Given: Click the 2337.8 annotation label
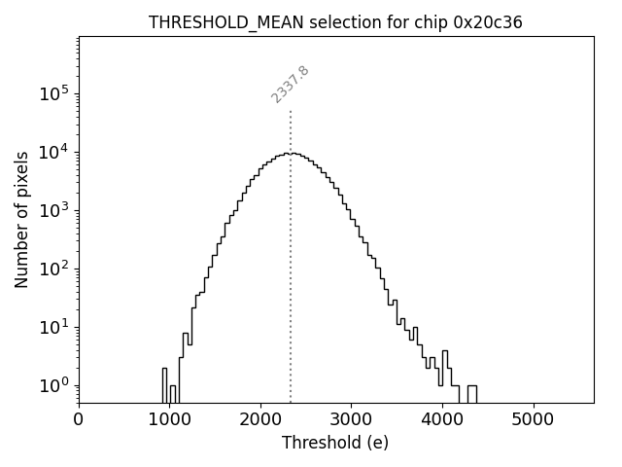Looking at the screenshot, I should [x=290, y=85].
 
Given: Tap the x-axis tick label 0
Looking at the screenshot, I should [x=79, y=420].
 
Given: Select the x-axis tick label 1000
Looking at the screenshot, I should [x=169, y=420].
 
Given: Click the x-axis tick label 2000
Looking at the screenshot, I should [x=260, y=420].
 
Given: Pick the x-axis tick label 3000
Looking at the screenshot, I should [x=351, y=420].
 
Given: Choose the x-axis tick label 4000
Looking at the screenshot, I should [x=442, y=420].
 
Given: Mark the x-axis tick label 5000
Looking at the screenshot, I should [x=533, y=420].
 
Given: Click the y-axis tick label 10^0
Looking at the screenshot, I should [x=53, y=385].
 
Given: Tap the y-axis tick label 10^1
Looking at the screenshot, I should [x=53, y=327].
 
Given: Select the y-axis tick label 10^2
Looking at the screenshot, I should [x=53, y=269].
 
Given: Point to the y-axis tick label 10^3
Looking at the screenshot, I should [x=53, y=210].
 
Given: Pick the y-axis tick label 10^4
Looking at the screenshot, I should [x=53, y=152].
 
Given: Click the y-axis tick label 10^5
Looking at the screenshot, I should [x=53, y=93].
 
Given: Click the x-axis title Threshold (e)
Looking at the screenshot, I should [x=335, y=444].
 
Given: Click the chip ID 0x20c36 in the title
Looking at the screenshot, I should [x=488, y=22].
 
